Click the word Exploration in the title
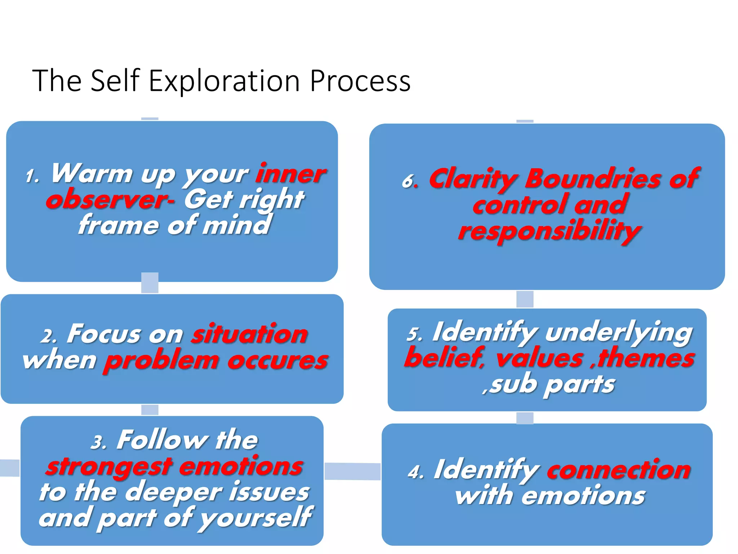[x=224, y=81]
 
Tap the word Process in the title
[x=360, y=81]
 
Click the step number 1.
[x=32, y=177]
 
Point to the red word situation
[x=249, y=334]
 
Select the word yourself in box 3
[x=257, y=518]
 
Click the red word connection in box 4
[x=618, y=470]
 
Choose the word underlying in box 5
[x=618, y=333]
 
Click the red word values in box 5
[x=539, y=359]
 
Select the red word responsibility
[x=549, y=231]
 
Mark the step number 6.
[x=410, y=181]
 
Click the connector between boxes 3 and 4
[x=352, y=471]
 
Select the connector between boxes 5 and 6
[x=525, y=299]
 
